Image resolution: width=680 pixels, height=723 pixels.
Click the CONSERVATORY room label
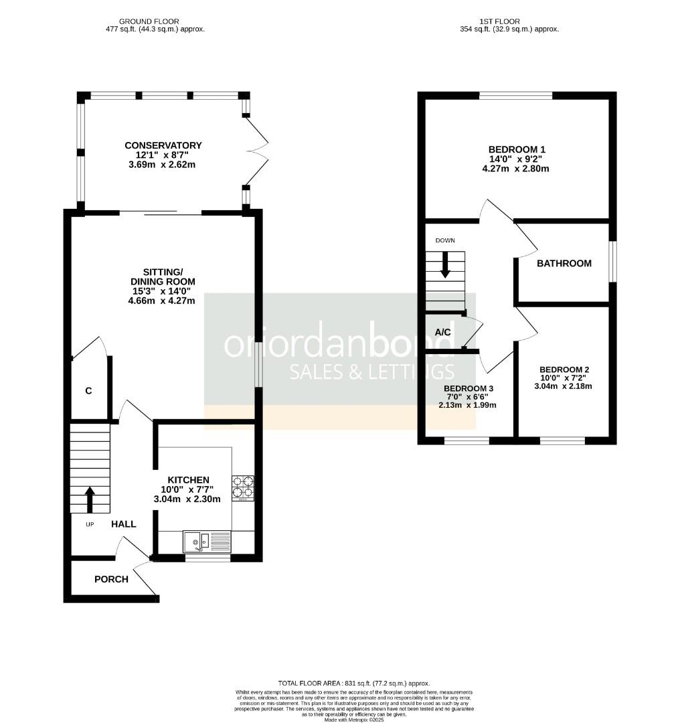[x=163, y=145]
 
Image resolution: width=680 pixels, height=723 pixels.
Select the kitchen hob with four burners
[x=243, y=488]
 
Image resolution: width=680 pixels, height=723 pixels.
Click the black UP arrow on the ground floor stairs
[x=90, y=499]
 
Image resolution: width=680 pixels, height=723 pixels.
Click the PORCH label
[x=111, y=579]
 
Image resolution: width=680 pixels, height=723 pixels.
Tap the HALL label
[x=124, y=524]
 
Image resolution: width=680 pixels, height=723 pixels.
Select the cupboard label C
[x=88, y=391]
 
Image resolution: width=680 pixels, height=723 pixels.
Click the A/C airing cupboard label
[x=442, y=333]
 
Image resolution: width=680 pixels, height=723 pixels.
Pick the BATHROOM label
[x=564, y=263]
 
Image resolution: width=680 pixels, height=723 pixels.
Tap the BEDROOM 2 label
[x=564, y=370]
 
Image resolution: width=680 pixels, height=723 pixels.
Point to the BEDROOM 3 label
[x=468, y=388]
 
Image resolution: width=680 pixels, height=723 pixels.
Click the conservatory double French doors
[x=257, y=151]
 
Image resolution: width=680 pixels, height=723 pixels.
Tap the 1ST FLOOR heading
[x=499, y=21]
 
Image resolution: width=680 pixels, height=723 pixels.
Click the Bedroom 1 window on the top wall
[x=515, y=96]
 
